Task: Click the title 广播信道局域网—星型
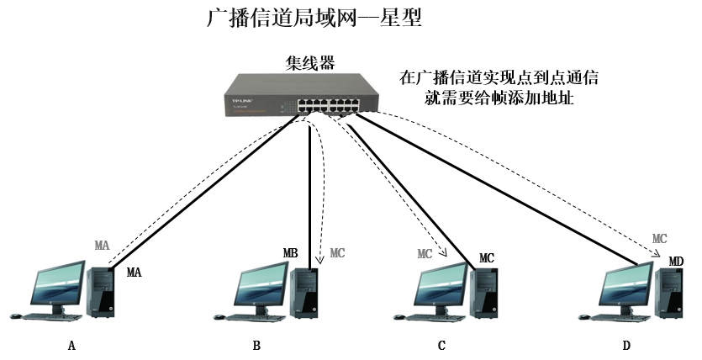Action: [313, 19]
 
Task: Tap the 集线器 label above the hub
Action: [310, 63]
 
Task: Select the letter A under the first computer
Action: [71, 346]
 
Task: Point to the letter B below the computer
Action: [256, 346]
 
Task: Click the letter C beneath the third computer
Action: [441, 346]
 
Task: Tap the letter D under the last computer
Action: [625, 346]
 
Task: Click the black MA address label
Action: [135, 273]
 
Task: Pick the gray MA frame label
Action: [102, 245]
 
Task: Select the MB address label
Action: [291, 252]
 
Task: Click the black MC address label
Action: [487, 257]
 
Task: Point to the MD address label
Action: [676, 262]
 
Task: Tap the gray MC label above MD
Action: [660, 239]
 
